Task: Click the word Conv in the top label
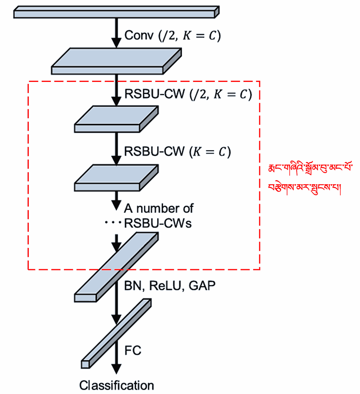pyautogui.click(x=139, y=35)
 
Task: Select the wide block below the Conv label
pyautogui.click(x=116, y=61)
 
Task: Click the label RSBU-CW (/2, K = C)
pyautogui.click(x=188, y=94)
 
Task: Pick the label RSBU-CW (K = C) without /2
pyautogui.click(x=177, y=152)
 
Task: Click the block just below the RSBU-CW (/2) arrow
pyautogui.click(x=116, y=119)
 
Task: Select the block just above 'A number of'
pyautogui.click(x=116, y=178)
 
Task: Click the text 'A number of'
pyautogui.click(x=158, y=208)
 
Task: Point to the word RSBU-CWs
pyautogui.click(x=158, y=223)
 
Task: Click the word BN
pyautogui.click(x=133, y=286)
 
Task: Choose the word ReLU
pyautogui.click(x=166, y=286)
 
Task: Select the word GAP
pyautogui.click(x=202, y=286)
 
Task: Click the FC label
pyautogui.click(x=133, y=350)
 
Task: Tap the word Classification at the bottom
pyautogui.click(x=116, y=385)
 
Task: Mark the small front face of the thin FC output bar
pyautogui.click(x=85, y=364)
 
